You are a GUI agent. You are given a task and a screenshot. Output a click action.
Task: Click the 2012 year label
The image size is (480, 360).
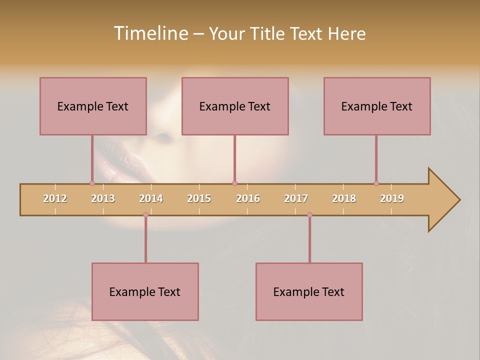click(x=55, y=198)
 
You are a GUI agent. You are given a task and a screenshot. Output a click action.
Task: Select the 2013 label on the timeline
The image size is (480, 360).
click(x=103, y=198)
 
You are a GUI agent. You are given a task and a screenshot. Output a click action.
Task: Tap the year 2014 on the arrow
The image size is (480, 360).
click(x=151, y=198)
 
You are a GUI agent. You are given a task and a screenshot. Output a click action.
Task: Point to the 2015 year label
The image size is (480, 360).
click(x=199, y=198)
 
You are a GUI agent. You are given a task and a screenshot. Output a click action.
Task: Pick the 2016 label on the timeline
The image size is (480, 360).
click(x=248, y=198)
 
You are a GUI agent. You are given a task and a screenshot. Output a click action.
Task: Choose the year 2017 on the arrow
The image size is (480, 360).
click(x=296, y=198)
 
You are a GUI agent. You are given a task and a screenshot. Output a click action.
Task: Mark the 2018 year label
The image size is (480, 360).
click(x=344, y=198)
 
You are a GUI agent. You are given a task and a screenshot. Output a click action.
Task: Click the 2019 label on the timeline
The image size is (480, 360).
click(x=392, y=198)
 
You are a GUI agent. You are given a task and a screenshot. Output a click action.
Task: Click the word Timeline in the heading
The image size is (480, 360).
click(x=149, y=33)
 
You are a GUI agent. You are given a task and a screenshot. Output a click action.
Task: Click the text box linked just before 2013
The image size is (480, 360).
click(x=93, y=106)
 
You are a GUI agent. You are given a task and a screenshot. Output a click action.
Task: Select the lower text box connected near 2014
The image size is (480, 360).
click(x=145, y=291)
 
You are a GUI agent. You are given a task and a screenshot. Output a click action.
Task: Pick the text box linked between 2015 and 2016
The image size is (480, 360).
click(x=235, y=106)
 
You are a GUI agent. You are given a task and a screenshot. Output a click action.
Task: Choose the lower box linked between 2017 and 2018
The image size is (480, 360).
click(x=309, y=291)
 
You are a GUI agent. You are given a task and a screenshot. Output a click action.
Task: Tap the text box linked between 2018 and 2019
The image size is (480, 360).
click(x=377, y=106)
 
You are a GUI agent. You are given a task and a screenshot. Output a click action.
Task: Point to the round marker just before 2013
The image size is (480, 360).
click(x=92, y=183)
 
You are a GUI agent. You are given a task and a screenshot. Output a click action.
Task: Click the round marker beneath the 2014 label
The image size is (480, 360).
click(x=145, y=215)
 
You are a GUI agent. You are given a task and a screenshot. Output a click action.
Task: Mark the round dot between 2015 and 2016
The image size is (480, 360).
click(x=234, y=183)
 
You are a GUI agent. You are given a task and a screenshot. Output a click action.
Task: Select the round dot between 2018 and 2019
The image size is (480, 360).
click(x=376, y=183)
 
